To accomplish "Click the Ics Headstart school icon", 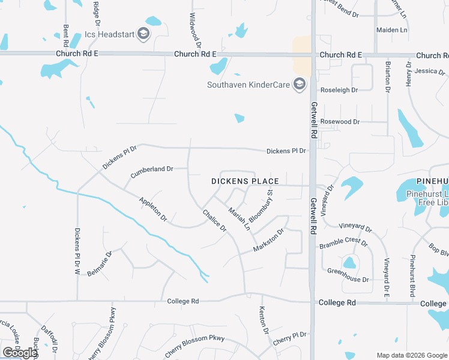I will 143,34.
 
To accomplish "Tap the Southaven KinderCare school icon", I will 299,85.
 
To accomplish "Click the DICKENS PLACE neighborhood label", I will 245,181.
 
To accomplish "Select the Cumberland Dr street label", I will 152,170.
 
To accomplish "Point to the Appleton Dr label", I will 152,209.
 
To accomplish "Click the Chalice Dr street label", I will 214,220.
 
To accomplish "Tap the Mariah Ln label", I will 239,218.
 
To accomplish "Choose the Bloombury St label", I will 261,206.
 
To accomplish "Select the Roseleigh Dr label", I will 339,90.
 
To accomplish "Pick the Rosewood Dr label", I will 340,122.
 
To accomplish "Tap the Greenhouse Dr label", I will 348,271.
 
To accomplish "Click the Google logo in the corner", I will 19,353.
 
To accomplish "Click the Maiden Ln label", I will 391,30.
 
